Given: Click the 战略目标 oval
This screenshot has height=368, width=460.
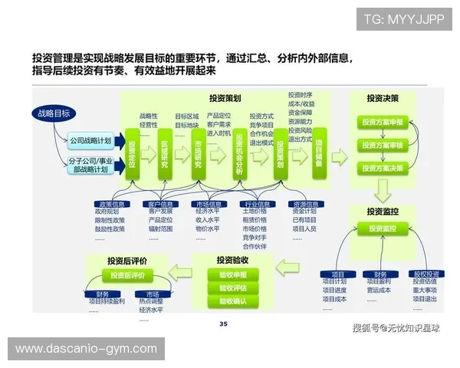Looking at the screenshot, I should tap(53, 113).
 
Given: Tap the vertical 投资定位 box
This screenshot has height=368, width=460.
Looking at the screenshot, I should tap(132, 154).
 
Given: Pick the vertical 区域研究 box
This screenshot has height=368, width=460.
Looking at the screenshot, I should tap(166, 154).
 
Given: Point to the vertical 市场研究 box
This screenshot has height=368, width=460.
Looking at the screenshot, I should tap(199, 154).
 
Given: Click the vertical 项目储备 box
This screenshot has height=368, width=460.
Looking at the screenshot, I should tap(319, 154).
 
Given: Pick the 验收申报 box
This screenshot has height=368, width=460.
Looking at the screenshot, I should tap(232, 274).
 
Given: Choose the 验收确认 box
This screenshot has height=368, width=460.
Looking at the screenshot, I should tap(232, 301).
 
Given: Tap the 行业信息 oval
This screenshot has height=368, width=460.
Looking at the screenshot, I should tap(257, 204).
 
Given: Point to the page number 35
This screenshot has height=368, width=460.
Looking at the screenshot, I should tap(223, 324).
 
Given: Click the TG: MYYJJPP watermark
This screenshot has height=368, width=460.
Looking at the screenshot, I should tap(404, 18).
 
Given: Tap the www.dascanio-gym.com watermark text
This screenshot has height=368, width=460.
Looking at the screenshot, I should tap(85, 349).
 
